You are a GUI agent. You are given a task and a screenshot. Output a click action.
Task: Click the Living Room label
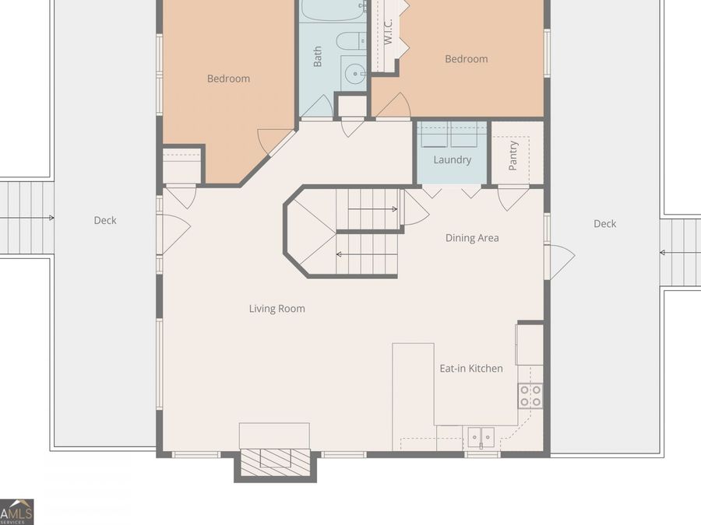[x=277, y=309]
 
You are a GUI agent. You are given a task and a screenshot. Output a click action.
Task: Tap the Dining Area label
[x=472, y=238]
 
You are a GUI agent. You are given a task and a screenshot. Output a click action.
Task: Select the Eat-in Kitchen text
[x=471, y=369]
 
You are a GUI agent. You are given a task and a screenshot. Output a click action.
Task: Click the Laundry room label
[x=452, y=159]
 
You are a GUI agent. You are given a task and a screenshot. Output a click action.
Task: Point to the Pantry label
[x=513, y=156]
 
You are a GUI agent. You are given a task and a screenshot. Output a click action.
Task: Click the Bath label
[x=318, y=56]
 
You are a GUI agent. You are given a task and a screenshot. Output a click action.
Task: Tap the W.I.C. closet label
[x=388, y=31]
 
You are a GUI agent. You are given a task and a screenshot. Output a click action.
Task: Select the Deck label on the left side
[x=105, y=220]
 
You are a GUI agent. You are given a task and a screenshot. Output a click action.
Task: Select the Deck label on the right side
[x=605, y=224]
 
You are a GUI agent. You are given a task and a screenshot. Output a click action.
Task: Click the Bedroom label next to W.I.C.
[x=467, y=59]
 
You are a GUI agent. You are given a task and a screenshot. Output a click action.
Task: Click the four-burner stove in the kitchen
[x=530, y=396]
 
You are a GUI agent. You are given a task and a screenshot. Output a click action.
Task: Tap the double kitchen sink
[x=481, y=437]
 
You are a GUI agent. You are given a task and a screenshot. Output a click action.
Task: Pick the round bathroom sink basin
[x=356, y=73]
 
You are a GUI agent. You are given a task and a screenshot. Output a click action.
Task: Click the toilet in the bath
[x=351, y=41]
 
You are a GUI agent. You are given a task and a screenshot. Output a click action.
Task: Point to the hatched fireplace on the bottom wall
[x=276, y=462]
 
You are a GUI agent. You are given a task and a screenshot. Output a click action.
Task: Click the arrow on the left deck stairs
[x=26, y=218]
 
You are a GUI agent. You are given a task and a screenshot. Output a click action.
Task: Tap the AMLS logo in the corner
[x=16, y=512]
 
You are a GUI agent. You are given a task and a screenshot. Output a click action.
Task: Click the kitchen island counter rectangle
[x=413, y=397]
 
